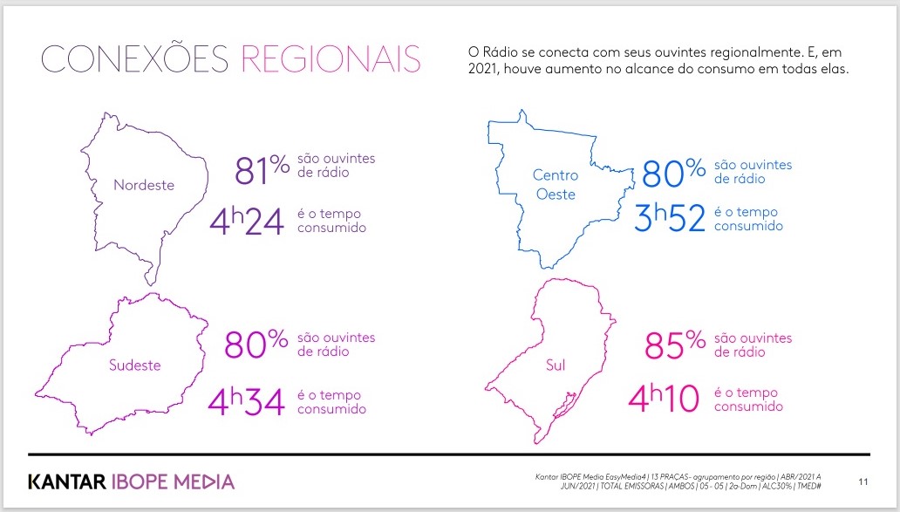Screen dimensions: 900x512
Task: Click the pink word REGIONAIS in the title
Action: click(x=331, y=58)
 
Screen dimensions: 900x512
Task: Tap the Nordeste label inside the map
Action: click(x=144, y=185)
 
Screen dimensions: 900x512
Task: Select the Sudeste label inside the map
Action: click(x=135, y=365)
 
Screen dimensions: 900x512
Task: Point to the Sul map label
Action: click(x=556, y=365)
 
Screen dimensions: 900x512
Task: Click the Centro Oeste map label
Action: click(x=556, y=184)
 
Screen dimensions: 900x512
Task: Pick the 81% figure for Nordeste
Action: click(x=262, y=169)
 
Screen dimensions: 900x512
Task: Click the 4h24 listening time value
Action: click(x=247, y=222)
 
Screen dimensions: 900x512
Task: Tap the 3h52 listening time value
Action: click(x=670, y=217)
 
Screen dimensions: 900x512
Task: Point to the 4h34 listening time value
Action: click(x=246, y=401)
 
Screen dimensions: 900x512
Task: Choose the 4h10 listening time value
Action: click(x=664, y=399)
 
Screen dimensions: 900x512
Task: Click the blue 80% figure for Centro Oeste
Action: click(x=674, y=173)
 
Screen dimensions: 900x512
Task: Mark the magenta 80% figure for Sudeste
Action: click(x=256, y=344)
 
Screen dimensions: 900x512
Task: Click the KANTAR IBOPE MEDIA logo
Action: click(x=132, y=481)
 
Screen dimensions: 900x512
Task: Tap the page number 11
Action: click(x=863, y=481)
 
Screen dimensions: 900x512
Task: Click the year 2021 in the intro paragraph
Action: click(x=480, y=69)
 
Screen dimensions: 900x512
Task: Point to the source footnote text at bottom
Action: click(x=678, y=481)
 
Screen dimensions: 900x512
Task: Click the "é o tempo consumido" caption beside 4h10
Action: click(x=748, y=399)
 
